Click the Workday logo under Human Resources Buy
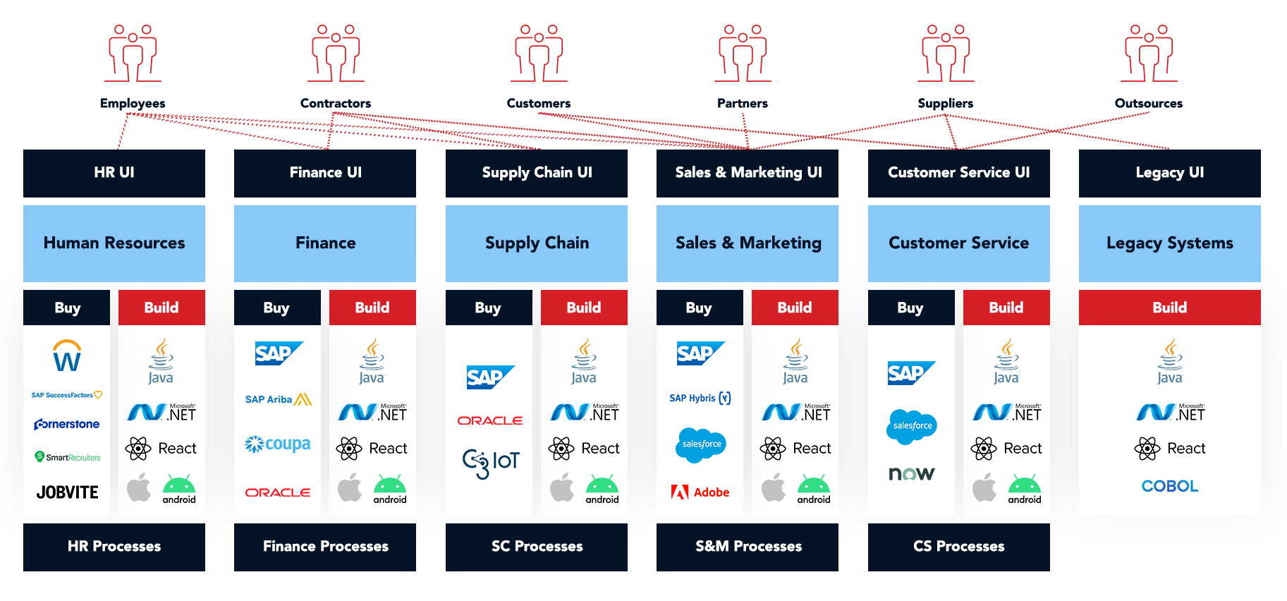tap(67, 356)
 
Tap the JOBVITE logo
tap(67, 492)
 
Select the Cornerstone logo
tap(67, 424)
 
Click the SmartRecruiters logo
tap(67, 457)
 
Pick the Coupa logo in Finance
tap(278, 444)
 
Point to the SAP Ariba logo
tap(278, 399)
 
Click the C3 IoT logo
tap(490, 462)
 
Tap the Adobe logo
tap(700, 492)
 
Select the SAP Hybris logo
tap(700, 398)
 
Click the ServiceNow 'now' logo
tap(911, 473)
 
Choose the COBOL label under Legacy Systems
tap(1169, 486)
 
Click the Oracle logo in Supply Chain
tap(490, 420)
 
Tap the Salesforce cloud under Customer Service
tap(911, 426)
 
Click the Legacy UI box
tap(1169, 173)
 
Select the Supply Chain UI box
tap(536, 173)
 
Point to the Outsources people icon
tap(1148, 54)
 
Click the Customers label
tap(538, 104)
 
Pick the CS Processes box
tap(958, 547)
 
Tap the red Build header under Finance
tap(372, 308)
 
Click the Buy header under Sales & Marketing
tap(699, 308)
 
